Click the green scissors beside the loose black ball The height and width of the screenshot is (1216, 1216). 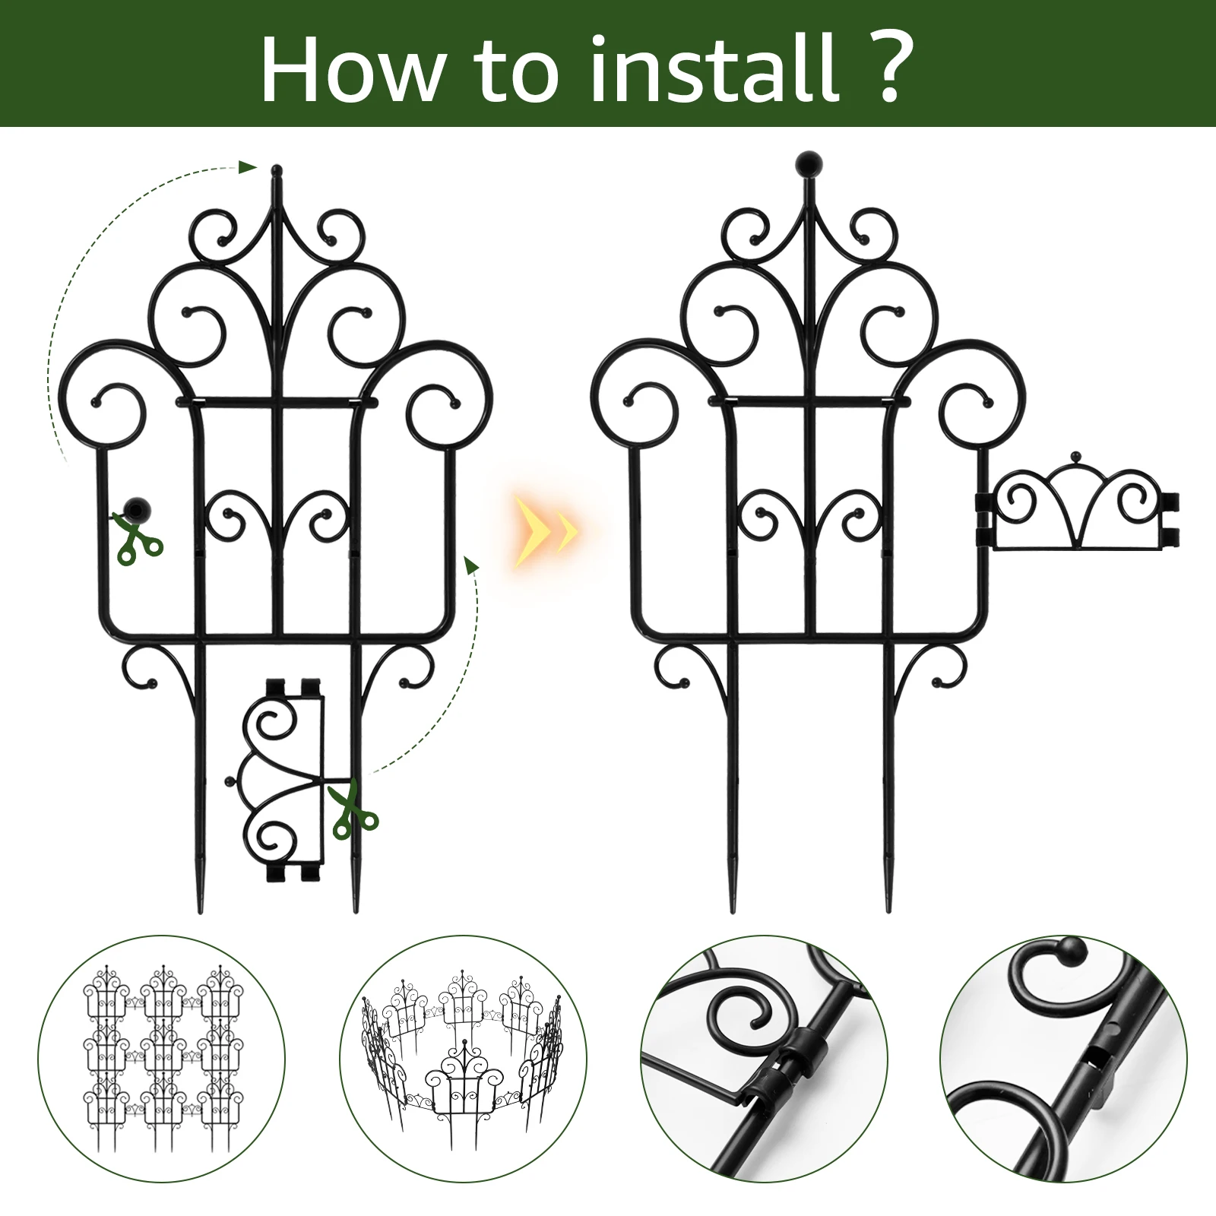[138, 538]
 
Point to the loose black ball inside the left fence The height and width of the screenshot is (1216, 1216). [136, 508]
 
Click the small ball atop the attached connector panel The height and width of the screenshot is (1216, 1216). [1075, 456]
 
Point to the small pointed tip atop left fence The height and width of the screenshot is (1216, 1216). [276, 169]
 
